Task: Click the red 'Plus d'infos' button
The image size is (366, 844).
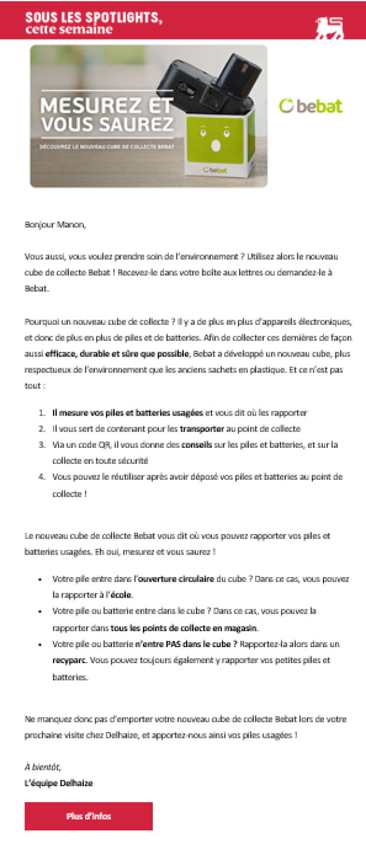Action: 89,816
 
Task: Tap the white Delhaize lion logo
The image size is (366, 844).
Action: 329,28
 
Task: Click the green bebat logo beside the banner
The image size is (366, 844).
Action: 311,106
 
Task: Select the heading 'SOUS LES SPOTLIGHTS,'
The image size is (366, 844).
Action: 93,17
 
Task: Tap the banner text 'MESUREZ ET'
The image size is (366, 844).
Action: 106,106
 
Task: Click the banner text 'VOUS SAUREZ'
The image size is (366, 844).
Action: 107,124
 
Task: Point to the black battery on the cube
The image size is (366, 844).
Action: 218,83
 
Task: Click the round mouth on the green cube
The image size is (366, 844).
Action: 215,145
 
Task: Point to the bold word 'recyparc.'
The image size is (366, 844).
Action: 70,661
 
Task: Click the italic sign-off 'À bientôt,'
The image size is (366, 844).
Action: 43,767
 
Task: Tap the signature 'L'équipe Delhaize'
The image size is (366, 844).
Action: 58,783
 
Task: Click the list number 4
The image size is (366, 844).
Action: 43,477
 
